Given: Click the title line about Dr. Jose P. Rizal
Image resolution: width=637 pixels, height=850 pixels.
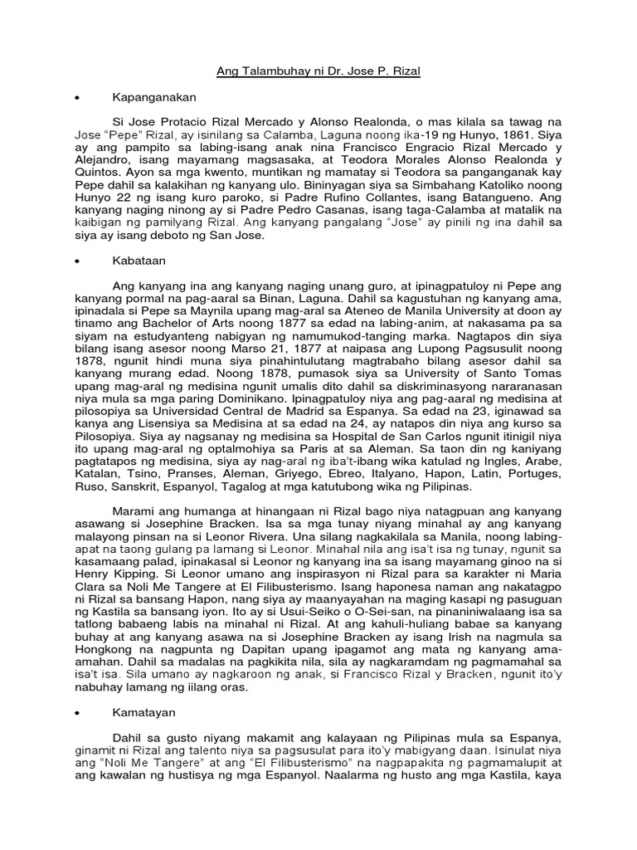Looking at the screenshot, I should coord(318,72).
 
